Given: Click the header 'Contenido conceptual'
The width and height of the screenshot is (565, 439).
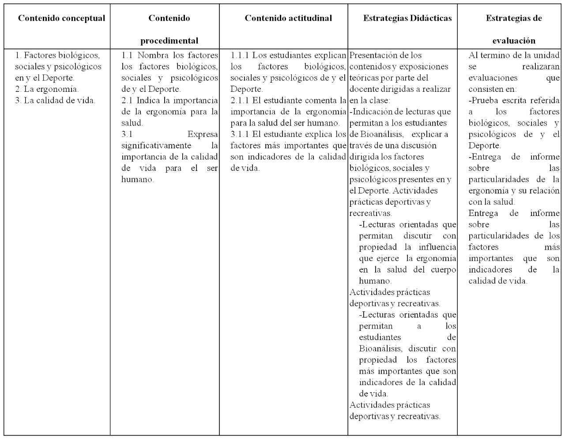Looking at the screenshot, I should click(x=61, y=18).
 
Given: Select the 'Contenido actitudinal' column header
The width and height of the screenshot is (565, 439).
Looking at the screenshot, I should click(x=288, y=18).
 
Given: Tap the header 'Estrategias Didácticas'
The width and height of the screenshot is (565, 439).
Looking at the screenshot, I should click(x=407, y=18).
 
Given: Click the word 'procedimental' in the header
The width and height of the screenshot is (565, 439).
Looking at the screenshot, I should click(x=169, y=41).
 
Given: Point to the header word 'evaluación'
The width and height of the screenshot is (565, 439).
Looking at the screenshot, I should click(x=514, y=41).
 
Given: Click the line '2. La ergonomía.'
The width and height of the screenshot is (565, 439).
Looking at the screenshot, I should click(x=47, y=89).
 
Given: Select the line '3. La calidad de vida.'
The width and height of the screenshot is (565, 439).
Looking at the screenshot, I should click(x=55, y=100).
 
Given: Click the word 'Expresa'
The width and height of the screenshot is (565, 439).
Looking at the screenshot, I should click(x=203, y=134).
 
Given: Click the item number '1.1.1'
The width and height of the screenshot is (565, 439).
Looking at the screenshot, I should click(x=240, y=55).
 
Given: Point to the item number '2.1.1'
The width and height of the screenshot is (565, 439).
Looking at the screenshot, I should click(x=240, y=100).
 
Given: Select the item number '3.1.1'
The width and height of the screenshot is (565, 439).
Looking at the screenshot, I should click(x=240, y=134).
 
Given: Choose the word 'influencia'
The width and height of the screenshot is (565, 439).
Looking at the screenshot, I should click(x=437, y=247).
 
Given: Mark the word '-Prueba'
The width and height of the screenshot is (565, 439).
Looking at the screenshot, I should click(x=483, y=100).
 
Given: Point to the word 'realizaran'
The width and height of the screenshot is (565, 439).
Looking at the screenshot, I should click(x=541, y=67).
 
